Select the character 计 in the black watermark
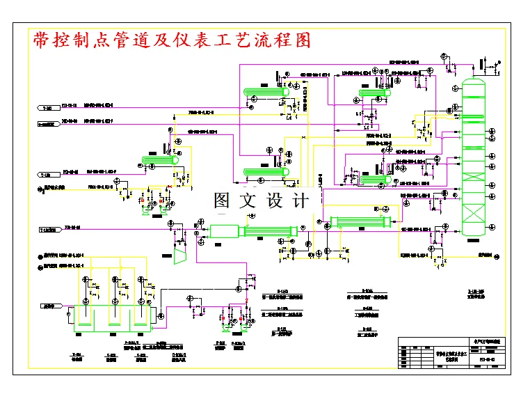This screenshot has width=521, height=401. pyautogui.click(x=300, y=200)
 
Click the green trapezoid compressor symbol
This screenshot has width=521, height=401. pyautogui.click(x=179, y=255)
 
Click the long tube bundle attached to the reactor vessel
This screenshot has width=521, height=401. pyautogui.click(x=268, y=232)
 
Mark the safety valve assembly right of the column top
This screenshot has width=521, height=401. pyautogui.click(x=490, y=68)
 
